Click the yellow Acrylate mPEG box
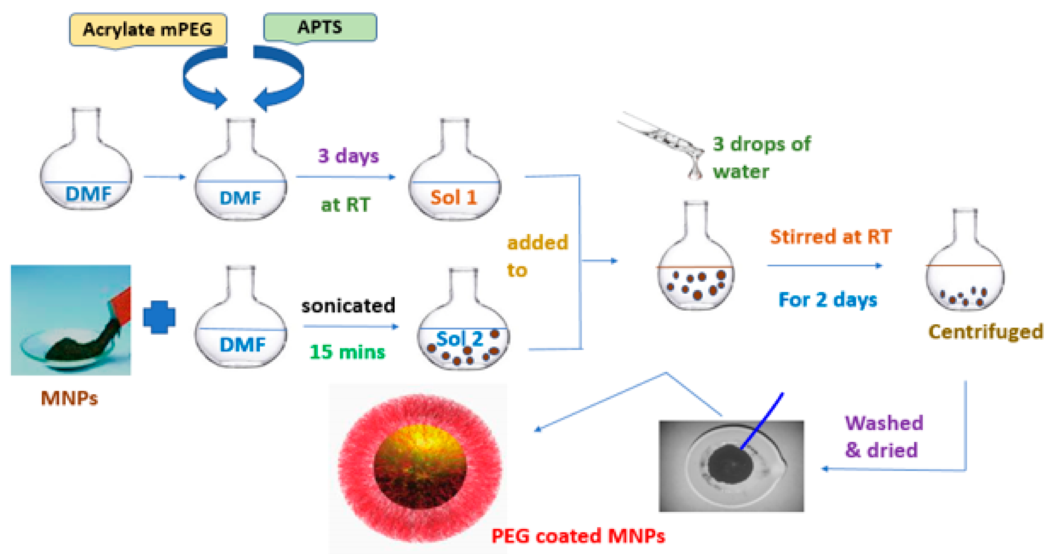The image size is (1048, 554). pos(148,29)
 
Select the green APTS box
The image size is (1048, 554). pos(320,27)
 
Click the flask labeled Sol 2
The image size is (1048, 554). pos(463,330)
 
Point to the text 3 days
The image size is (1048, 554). pos(348,156)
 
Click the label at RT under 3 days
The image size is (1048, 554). pos(345,205)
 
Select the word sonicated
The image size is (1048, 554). pos(348,305)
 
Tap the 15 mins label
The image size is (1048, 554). pos(347,352)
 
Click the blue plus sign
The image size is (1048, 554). pos(159,317)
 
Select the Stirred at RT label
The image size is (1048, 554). pos(831,237)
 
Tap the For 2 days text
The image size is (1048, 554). pos(827,300)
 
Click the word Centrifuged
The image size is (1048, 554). pos(985,331)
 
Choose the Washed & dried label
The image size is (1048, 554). pos(883,436)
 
